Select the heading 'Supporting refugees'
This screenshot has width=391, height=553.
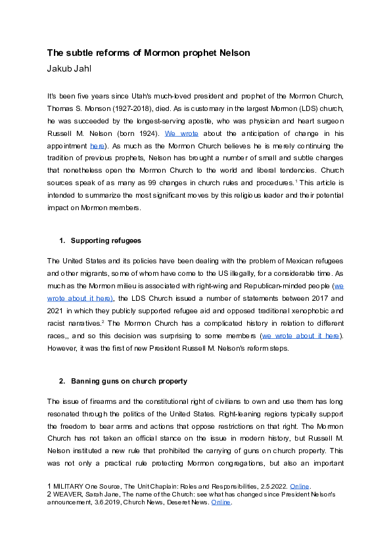pyautogui.click(x=105, y=240)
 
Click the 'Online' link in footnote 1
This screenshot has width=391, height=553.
pyautogui.click(x=299, y=487)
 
